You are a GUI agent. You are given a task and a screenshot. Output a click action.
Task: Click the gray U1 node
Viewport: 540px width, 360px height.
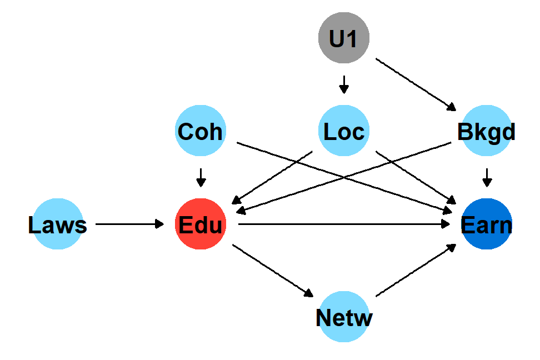pos(344,37)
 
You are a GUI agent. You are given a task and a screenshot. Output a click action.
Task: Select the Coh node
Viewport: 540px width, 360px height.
pos(200,131)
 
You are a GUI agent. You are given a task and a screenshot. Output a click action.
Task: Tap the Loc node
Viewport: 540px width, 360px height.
pos(344,131)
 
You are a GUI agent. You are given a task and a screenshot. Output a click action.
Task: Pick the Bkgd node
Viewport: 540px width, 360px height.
pos(487,131)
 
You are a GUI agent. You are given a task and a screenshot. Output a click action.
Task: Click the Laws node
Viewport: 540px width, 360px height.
pos(58,224)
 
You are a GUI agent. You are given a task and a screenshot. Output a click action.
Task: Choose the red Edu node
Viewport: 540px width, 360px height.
pos(200,224)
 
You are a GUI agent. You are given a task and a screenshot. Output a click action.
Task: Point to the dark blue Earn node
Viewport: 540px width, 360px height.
pos(487,224)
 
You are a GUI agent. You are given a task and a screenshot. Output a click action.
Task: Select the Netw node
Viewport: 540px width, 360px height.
pos(344,318)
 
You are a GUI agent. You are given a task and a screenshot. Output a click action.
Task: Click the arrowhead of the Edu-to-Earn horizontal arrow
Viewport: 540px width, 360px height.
pos(446,224)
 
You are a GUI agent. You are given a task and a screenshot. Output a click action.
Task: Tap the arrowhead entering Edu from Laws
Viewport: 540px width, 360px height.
pos(160,224)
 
